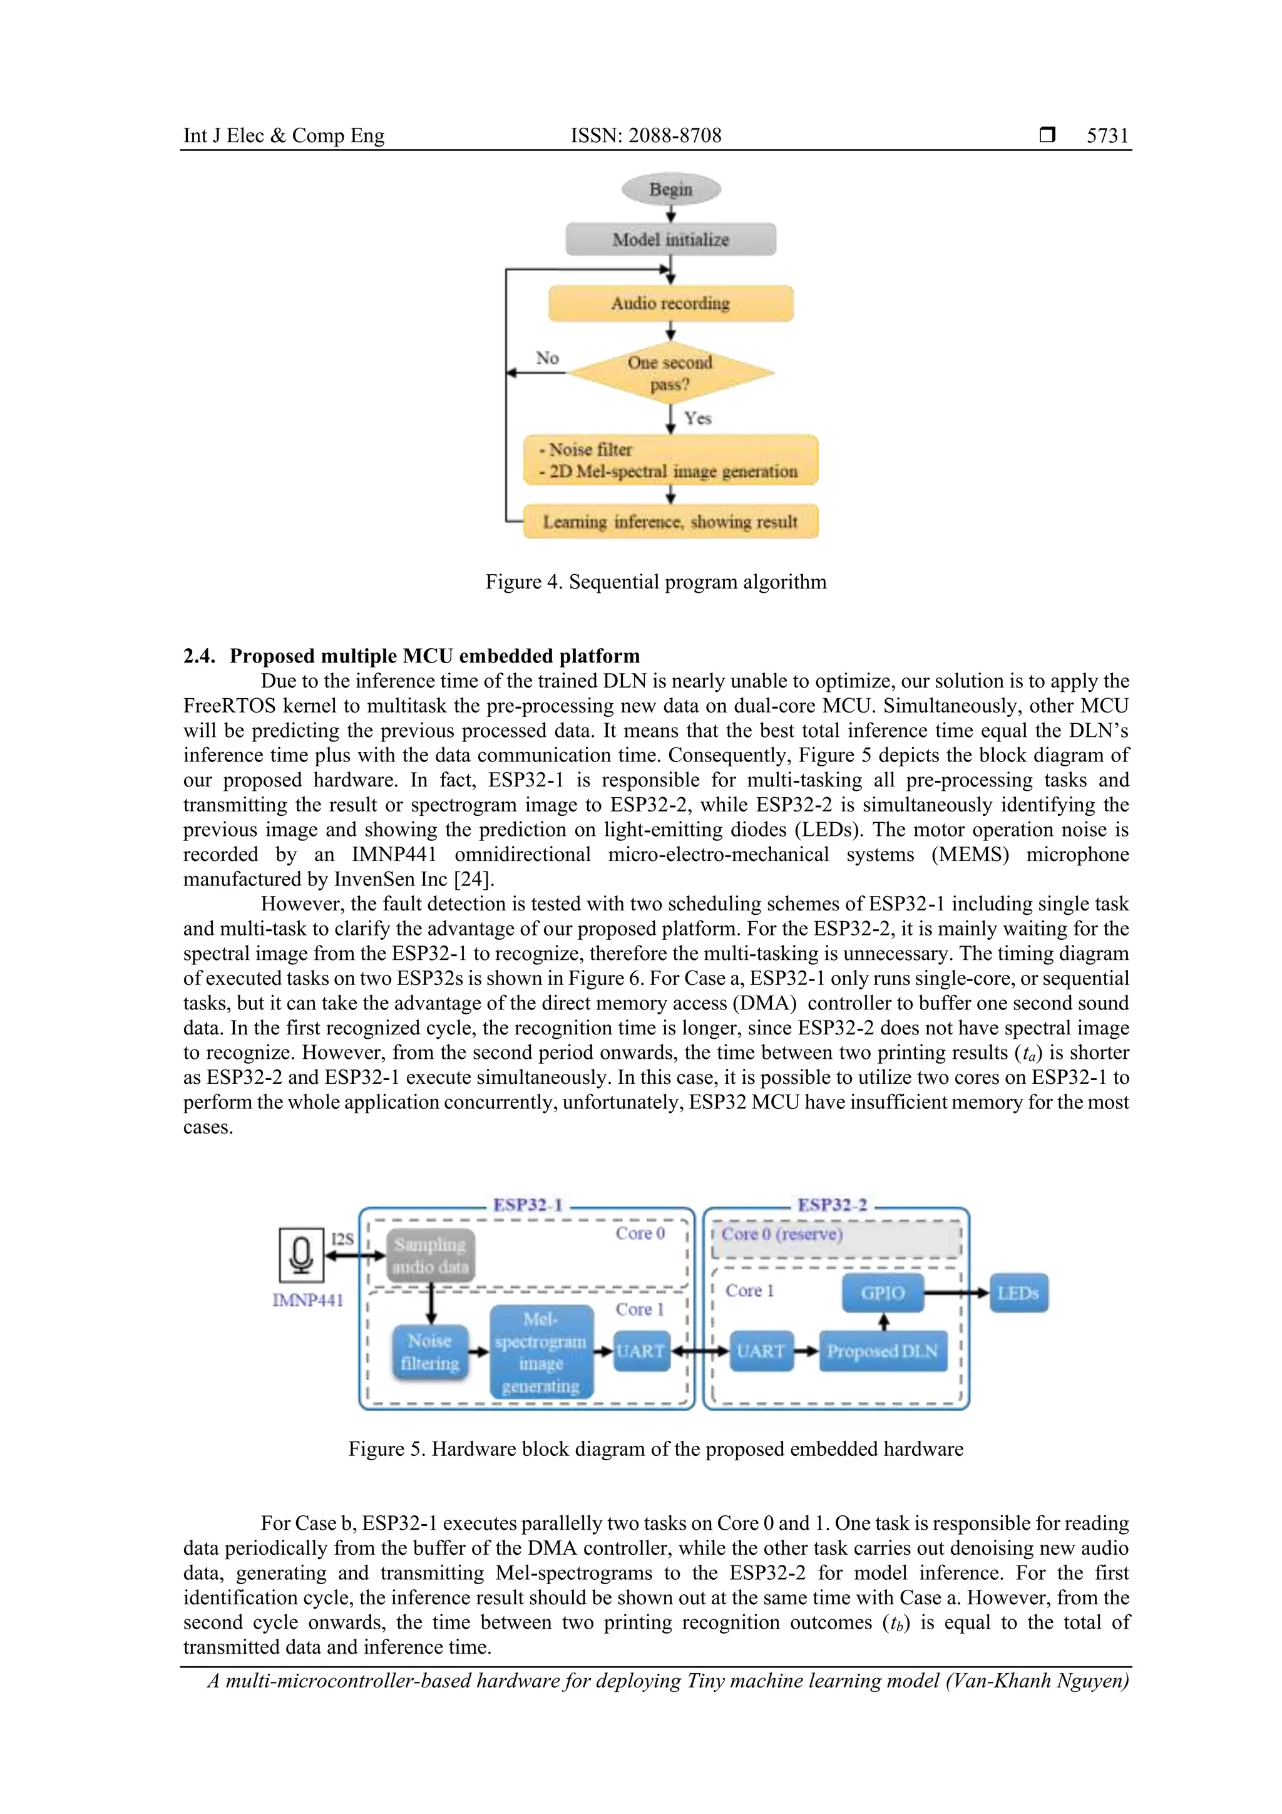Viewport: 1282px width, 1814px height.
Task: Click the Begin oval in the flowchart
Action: click(670, 190)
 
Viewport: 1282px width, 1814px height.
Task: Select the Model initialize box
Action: click(670, 239)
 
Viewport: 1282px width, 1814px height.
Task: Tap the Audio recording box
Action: click(670, 304)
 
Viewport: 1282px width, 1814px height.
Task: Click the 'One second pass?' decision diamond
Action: click(670, 373)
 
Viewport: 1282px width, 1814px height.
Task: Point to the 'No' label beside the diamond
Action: click(547, 358)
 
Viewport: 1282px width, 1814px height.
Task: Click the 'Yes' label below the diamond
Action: click(697, 418)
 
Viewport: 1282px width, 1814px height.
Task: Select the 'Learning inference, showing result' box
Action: click(670, 522)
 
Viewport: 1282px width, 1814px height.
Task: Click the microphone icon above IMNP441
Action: click(301, 1255)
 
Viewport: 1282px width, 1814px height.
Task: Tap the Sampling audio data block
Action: click(431, 1255)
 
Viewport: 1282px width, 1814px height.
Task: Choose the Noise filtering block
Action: click(429, 1352)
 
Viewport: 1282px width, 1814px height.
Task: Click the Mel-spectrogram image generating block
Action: click(541, 1352)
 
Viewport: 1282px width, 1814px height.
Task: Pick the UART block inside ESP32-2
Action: click(761, 1351)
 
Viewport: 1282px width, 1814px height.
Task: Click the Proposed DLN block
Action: click(882, 1351)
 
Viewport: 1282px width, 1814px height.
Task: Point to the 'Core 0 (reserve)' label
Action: click(782, 1234)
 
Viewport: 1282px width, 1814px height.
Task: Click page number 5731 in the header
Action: click(1107, 136)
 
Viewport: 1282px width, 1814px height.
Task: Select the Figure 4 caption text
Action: click(655, 582)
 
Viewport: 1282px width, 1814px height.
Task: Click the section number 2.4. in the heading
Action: click(199, 657)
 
